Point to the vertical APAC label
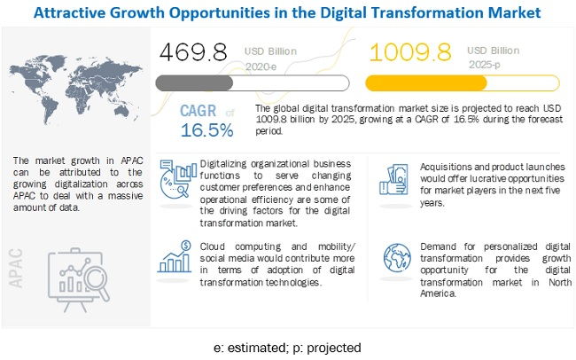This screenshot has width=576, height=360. (x=23, y=265)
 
